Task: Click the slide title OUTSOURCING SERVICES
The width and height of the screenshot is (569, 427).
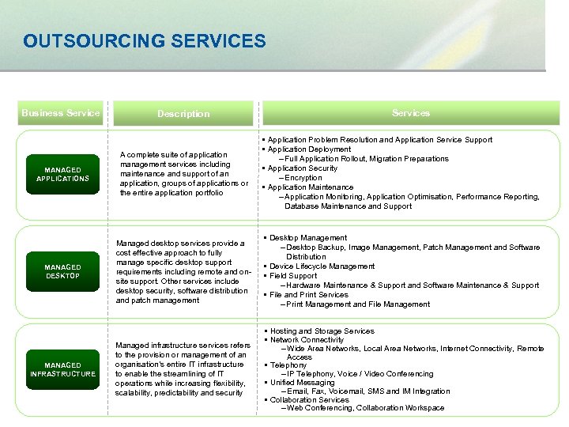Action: pos(145,40)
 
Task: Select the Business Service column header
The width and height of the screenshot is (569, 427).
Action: pos(61,113)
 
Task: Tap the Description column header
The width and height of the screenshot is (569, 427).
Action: pos(183,114)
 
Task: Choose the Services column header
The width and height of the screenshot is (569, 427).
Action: pos(411,113)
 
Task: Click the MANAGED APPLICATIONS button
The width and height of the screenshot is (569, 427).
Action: pos(62,174)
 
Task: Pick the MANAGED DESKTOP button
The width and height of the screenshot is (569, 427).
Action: pos(62,271)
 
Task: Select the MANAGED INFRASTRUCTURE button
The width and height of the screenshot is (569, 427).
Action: pos(62,369)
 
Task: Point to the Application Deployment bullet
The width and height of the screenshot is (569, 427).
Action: pos(309,149)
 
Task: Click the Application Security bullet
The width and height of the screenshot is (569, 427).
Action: pos(303,168)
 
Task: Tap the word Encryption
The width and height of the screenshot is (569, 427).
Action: pos(304,178)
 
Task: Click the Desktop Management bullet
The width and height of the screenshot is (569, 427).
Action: pos(308,238)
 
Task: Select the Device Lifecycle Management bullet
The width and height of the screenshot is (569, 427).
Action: pos(322,266)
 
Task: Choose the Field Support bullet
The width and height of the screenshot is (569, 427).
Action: pos(293,276)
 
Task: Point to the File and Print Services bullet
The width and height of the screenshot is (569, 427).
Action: pos(309,295)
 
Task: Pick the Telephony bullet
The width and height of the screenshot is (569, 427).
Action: pos(288,365)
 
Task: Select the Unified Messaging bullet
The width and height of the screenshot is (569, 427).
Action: pos(303,383)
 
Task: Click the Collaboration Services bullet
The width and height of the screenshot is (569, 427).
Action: pos(309,400)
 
